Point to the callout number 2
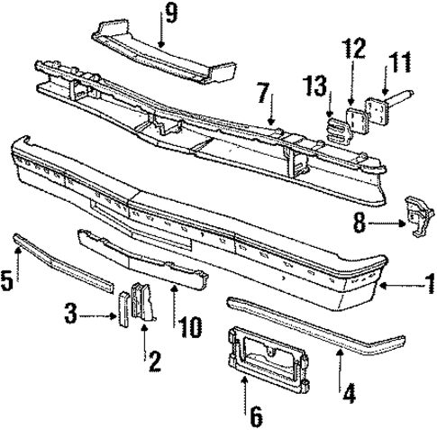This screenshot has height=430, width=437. click(x=154, y=361)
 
